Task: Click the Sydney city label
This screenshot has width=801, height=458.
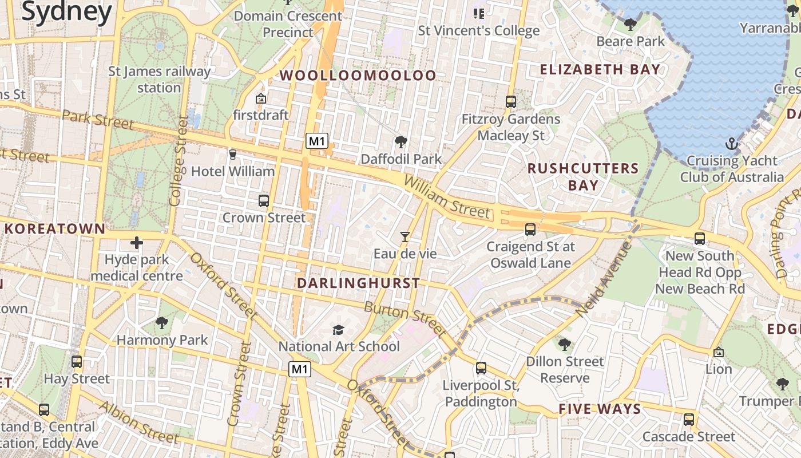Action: (66, 13)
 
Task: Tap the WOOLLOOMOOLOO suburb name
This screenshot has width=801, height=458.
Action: (358, 76)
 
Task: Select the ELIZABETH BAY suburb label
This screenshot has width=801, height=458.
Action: (600, 70)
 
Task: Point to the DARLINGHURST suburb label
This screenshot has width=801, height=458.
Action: (359, 283)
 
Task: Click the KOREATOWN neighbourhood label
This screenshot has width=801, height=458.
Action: (55, 229)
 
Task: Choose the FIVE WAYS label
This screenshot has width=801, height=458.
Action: (600, 409)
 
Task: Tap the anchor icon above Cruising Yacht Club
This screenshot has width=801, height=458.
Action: (731, 144)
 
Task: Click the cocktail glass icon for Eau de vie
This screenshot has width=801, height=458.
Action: (405, 236)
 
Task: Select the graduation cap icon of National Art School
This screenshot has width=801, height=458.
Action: (339, 330)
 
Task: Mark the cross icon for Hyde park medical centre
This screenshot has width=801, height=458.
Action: (137, 243)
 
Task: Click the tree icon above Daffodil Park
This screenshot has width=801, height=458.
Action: (401, 141)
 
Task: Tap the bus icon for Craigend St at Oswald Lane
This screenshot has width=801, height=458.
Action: (530, 230)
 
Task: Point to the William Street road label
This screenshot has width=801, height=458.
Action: (447, 198)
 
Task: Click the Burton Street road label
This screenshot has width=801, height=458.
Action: (405, 319)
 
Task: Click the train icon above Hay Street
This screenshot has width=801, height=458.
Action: (77, 362)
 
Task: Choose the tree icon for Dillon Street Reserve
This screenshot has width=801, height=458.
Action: (565, 345)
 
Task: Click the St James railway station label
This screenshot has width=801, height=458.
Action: (160, 80)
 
